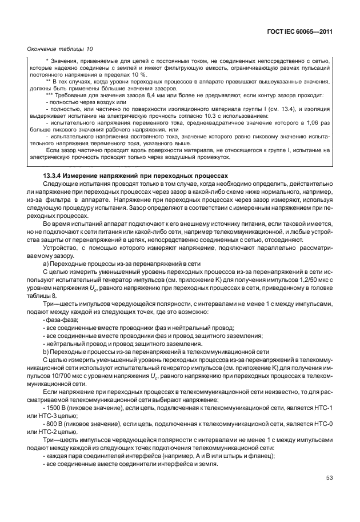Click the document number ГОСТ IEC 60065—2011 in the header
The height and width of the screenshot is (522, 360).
point(299,32)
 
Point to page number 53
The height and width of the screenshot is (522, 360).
point(329,494)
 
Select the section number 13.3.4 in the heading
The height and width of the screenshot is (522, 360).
point(54,174)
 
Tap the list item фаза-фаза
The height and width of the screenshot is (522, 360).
point(61,319)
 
